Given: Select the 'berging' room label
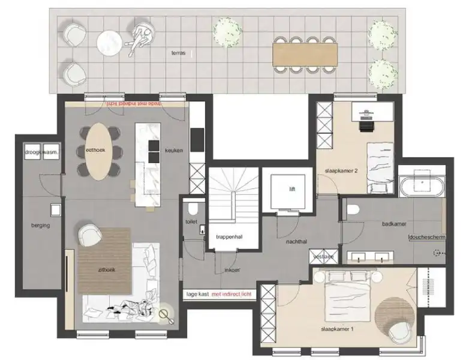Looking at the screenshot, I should [40, 225].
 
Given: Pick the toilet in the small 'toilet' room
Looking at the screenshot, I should [193, 209].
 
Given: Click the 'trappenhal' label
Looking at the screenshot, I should [229, 237].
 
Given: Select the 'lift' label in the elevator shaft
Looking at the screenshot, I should [292, 189].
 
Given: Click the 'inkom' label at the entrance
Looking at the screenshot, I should [232, 270].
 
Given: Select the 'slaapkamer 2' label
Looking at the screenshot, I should [341, 170].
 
